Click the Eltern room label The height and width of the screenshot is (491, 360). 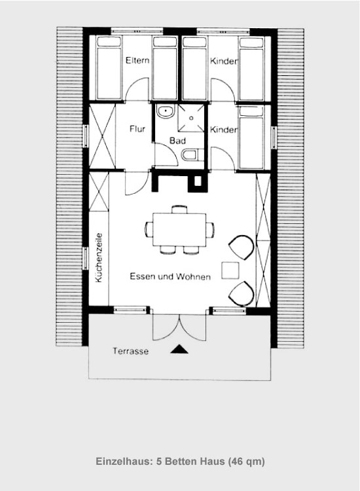pyautogui.click(x=137, y=60)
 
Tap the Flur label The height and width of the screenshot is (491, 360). pyautogui.click(x=137, y=129)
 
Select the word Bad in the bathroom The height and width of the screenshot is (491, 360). pyautogui.click(x=177, y=141)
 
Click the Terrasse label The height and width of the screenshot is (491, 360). pyautogui.click(x=130, y=351)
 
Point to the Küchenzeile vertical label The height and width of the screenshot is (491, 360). pyautogui.click(x=99, y=257)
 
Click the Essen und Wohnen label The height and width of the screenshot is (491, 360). pyautogui.click(x=170, y=276)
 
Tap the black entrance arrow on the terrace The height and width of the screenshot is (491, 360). pyautogui.click(x=179, y=349)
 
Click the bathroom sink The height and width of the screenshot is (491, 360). pyautogui.click(x=166, y=112)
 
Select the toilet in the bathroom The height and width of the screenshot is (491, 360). pyautogui.click(x=190, y=155)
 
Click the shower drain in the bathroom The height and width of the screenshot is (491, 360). pyautogui.click(x=191, y=118)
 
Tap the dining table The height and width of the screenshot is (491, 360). pyautogui.click(x=179, y=230)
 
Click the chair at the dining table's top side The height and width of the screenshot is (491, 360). pyautogui.click(x=179, y=209)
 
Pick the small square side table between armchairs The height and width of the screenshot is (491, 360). pyautogui.click(x=230, y=270)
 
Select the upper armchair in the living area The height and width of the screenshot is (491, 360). pyautogui.click(x=242, y=248)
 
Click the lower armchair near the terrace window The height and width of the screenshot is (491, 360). pyautogui.click(x=242, y=294)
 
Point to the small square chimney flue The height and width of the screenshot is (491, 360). pyautogui.click(x=198, y=181)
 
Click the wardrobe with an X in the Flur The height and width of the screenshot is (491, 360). pyautogui.click(x=102, y=136)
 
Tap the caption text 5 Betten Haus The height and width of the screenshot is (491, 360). pyautogui.click(x=190, y=462)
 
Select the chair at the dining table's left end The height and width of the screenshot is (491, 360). pyautogui.click(x=149, y=230)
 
